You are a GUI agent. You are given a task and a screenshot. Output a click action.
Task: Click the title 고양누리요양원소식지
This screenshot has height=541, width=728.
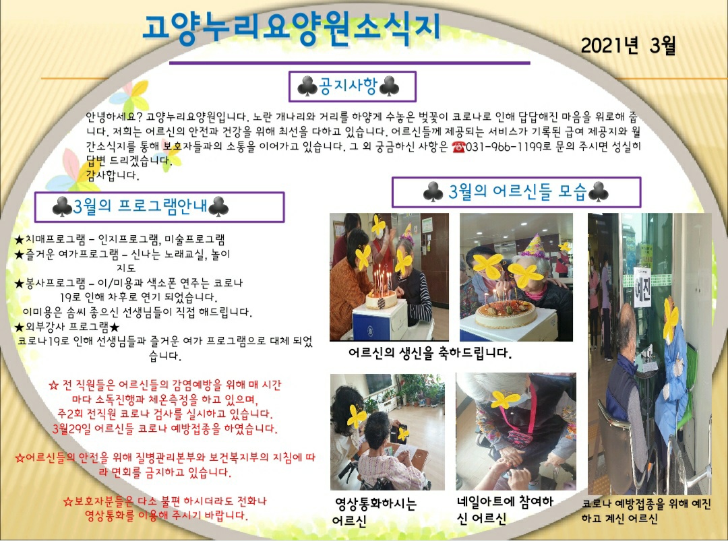pos(291,29)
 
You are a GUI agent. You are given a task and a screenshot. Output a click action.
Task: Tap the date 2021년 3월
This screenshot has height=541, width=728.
pos(628,45)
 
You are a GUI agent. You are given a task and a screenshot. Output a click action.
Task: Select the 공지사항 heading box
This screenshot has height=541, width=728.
pos(353,86)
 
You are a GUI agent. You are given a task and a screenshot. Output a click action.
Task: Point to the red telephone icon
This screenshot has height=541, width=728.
pos(458,147)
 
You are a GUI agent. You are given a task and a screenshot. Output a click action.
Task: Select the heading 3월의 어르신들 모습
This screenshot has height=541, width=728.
pos(517,191)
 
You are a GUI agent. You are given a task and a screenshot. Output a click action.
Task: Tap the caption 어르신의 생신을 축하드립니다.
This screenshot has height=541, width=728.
pos(430,353)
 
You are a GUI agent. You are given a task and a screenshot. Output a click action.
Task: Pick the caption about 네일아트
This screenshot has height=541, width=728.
pos(505,509)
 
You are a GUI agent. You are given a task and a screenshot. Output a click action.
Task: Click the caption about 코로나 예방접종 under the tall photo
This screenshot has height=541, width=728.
pos(646,511)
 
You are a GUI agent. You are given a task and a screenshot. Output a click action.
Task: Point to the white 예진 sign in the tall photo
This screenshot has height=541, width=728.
pos(642,288)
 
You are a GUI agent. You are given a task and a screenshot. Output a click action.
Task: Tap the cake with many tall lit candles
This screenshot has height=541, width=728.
pos(381,292)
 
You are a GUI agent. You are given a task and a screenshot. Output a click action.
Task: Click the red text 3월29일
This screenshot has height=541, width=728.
pos(72,428)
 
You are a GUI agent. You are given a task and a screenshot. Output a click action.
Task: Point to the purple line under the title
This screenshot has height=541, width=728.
pos(350,62)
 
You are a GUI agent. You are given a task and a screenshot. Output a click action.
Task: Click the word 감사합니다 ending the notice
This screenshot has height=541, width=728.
pos(113,175)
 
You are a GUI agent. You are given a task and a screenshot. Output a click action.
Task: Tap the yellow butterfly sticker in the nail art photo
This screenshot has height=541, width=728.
pos(505,400)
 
